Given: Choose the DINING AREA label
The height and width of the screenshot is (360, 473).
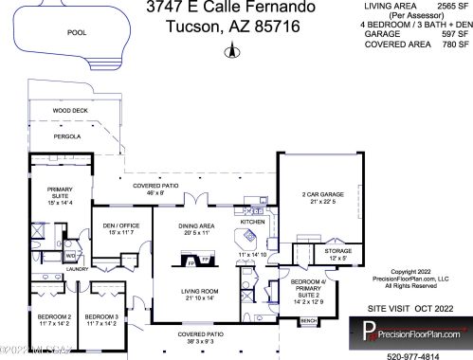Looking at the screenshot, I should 198,228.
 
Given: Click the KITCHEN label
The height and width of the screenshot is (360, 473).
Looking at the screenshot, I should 252,222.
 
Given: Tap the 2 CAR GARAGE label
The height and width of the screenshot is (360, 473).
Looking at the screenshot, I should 323,196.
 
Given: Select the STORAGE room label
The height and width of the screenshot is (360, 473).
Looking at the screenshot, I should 337,252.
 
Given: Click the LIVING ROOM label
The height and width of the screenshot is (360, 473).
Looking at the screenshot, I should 201,294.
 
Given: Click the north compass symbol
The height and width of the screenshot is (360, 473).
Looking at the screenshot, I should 227,51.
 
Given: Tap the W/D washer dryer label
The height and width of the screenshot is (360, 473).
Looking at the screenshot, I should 70,256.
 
